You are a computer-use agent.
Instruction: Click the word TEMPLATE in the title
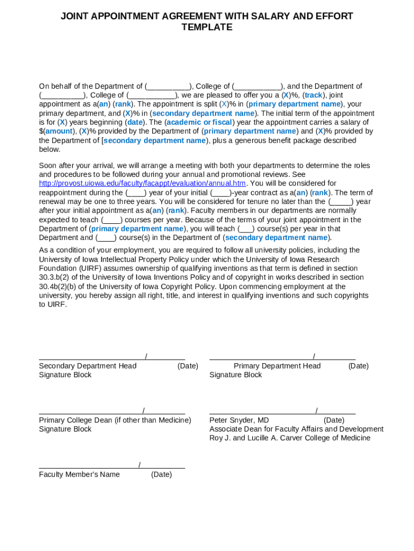207,27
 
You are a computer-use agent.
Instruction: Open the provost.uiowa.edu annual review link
142,183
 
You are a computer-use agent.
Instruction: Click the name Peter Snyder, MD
239,420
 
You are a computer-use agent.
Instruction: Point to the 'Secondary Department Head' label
88,366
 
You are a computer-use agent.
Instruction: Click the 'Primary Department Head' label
277,366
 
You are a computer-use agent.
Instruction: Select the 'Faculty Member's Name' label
79,475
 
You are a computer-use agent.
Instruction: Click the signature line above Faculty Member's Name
88,468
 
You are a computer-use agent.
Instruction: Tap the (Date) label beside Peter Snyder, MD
334,420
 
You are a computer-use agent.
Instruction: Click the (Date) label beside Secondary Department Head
188,366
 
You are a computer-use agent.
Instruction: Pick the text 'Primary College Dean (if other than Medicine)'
115,420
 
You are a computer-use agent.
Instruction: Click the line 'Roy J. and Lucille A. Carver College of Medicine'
290,438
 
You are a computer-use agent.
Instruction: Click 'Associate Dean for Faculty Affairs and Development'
296,429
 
